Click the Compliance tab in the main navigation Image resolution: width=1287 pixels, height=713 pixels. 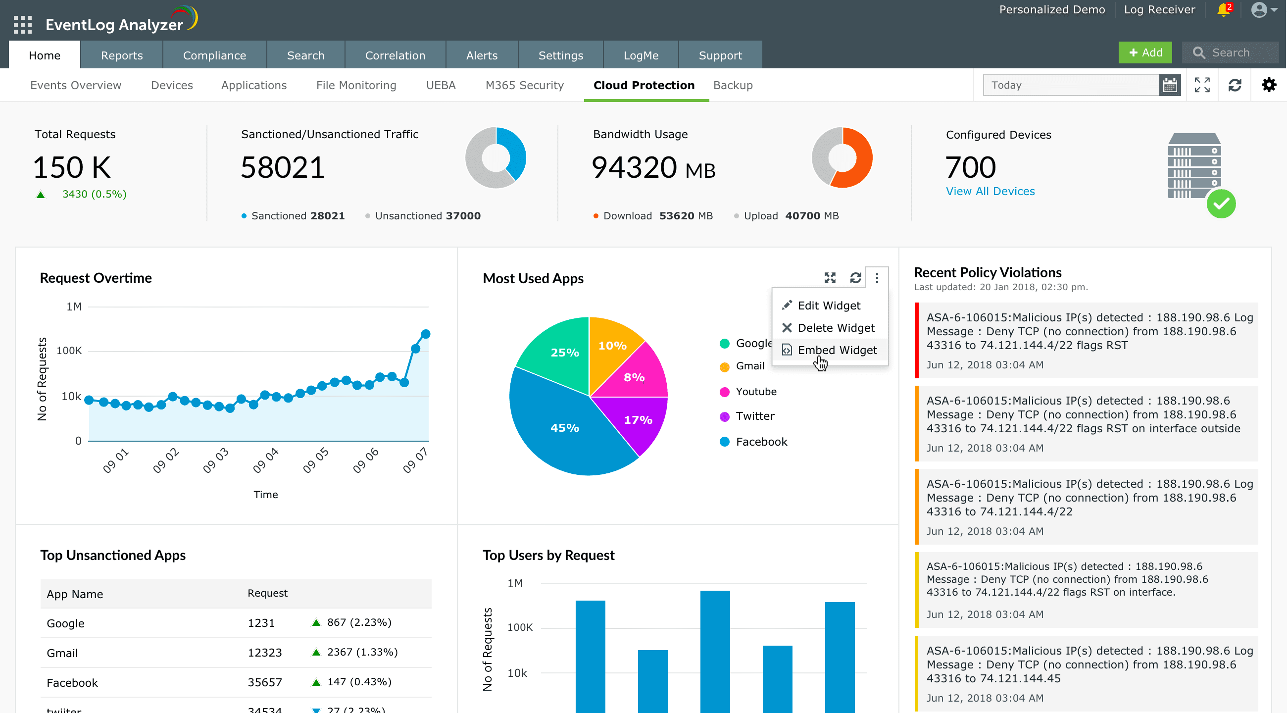(x=214, y=55)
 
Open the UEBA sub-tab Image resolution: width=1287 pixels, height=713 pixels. (x=441, y=86)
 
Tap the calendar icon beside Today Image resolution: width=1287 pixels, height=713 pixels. (x=1170, y=86)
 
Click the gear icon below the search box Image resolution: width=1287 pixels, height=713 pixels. (x=1269, y=86)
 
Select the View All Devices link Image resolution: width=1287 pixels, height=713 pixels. (x=990, y=191)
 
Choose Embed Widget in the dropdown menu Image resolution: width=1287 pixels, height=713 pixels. (x=837, y=350)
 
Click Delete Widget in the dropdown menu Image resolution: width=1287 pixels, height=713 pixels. (x=836, y=328)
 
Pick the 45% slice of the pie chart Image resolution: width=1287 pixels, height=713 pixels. (x=565, y=428)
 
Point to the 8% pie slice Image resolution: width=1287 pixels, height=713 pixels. (x=634, y=377)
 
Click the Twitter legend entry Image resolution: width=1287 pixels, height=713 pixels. (x=755, y=416)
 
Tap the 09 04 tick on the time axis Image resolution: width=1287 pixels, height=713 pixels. (x=265, y=460)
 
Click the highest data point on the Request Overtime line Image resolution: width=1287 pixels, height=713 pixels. (x=426, y=334)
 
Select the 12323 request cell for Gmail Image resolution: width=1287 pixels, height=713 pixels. (x=265, y=653)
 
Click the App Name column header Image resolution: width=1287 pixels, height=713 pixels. (x=75, y=594)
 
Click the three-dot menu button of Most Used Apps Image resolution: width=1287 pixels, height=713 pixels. (x=877, y=278)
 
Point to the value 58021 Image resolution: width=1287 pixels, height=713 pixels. (x=283, y=167)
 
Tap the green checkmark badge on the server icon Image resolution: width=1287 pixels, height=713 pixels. (x=1221, y=204)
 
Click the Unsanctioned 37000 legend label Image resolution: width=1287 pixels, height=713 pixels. (x=427, y=216)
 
